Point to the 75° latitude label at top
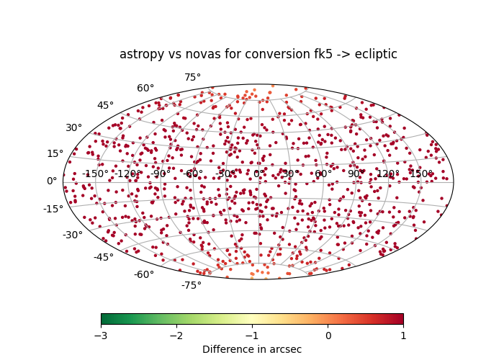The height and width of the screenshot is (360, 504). point(192,78)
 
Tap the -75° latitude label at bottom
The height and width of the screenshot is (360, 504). point(192,285)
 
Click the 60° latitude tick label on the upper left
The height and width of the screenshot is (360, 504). point(145,89)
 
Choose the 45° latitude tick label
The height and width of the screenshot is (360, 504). point(105,106)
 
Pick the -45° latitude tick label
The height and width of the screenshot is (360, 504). point(103,258)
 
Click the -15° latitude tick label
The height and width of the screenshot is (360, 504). point(53,210)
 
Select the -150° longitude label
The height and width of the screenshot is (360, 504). point(96,174)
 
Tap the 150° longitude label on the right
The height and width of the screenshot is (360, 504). point(420,174)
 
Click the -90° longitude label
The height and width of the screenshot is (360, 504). point(159,174)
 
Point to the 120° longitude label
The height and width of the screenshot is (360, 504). point(387,174)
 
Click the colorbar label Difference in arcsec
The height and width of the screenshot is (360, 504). point(252,349)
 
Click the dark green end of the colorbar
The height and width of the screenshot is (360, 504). point(104,319)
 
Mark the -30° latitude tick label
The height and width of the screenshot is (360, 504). point(73,235)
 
